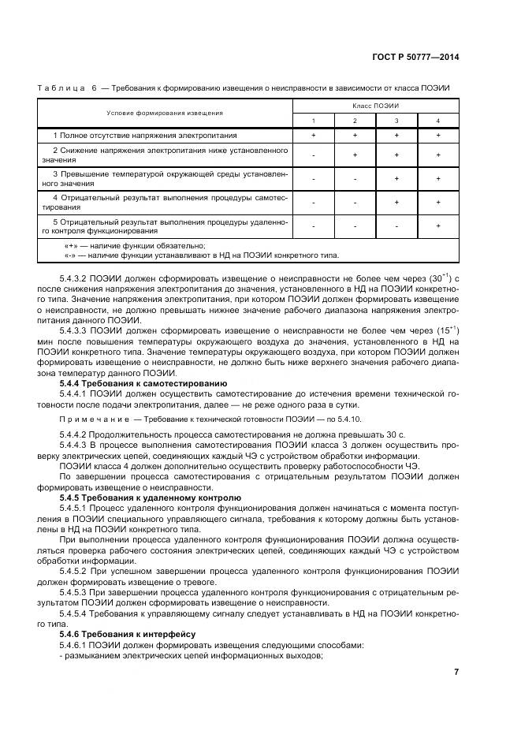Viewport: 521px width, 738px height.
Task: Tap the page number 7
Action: point(456,672)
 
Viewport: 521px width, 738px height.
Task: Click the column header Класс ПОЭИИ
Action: point(375,106)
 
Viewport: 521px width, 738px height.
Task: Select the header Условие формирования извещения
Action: point(165,113)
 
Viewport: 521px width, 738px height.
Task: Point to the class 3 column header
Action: point(396,120)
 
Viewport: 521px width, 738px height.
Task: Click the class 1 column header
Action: point(313,120)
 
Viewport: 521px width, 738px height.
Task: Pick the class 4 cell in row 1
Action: point(438,136)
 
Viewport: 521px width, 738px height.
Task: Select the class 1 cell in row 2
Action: point(313,155)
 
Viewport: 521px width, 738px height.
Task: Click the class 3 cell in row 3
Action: point(396,178)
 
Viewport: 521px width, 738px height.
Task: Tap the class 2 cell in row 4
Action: point(355,203)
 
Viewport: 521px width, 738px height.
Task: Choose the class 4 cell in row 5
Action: point(438,227)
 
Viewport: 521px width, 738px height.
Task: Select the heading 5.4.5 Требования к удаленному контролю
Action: point(150,499)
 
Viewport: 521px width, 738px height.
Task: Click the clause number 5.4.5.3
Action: point(76,589)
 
